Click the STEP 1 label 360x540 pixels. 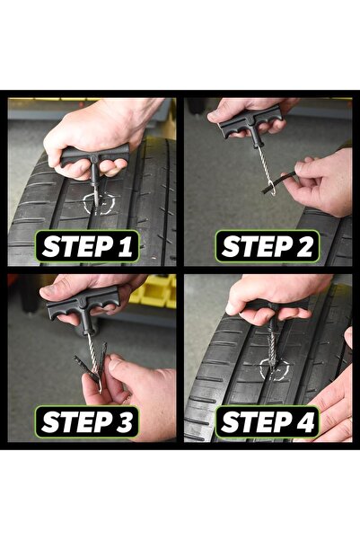[x=87, y=246]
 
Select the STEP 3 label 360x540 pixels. [x=87, y=421]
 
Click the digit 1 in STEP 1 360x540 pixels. [x=125, y=246]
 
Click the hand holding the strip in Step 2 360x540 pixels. [x=323, y=180]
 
